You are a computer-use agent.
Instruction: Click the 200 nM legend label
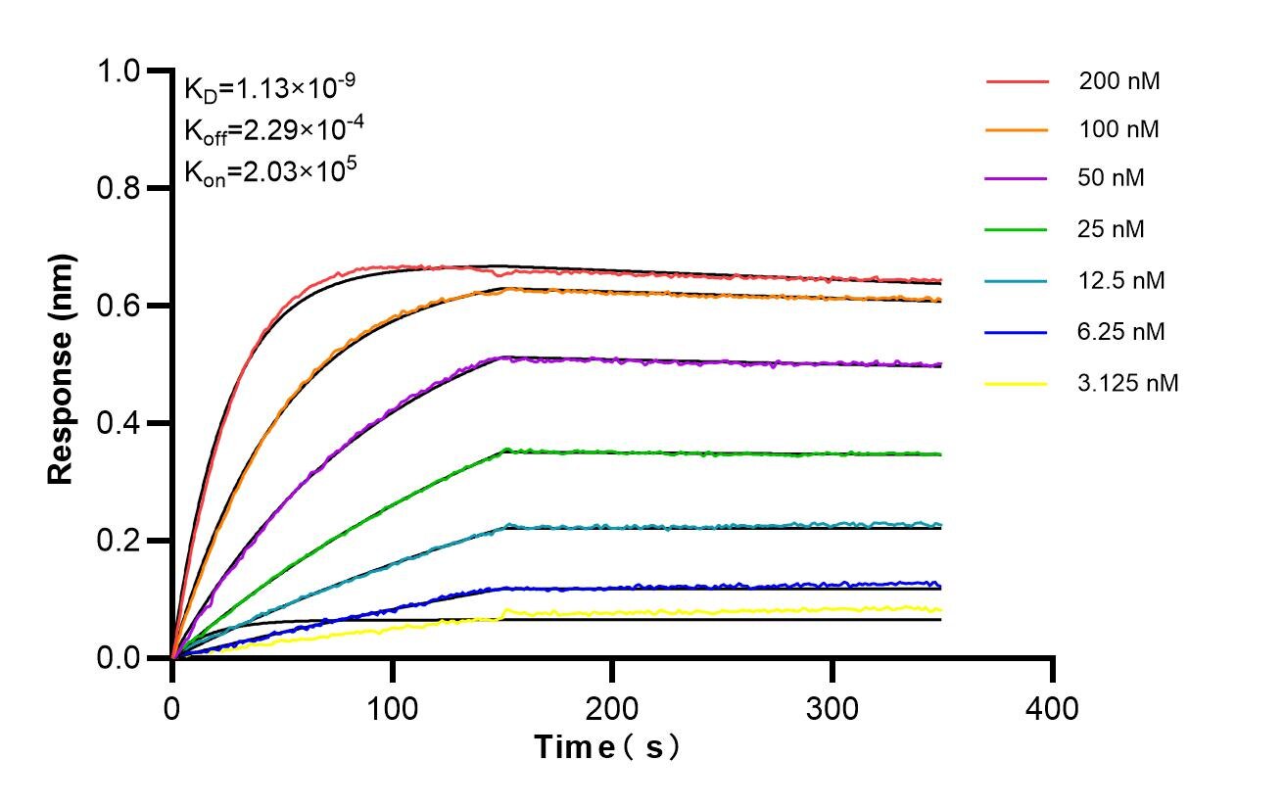click(1119, 81)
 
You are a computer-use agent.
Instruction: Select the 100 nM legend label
click(1119, 130)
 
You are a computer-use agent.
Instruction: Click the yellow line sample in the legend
click(1017, 384)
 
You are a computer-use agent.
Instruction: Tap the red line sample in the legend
click(1017, 81)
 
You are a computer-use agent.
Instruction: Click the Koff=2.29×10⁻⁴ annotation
click(269, 129)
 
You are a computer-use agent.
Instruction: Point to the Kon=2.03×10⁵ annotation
click(269, 171)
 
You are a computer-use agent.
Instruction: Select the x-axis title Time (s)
click(607, 747)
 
